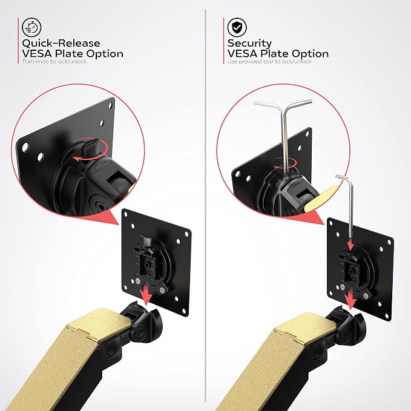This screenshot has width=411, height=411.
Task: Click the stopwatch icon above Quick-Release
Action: tap(31, 27)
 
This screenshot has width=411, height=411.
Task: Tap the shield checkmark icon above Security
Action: tap(237, 27)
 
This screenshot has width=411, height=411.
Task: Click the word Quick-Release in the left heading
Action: tap(61, 43)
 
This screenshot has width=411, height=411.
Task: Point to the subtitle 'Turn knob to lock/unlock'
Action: tap(54, 61)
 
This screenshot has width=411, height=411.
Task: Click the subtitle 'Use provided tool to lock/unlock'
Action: tap(269, 61)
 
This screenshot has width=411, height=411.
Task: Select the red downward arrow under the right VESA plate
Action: tap(350, 297)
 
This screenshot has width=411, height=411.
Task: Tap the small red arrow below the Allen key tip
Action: tap(350, 246)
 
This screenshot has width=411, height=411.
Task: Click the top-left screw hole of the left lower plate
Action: tap(133, 226)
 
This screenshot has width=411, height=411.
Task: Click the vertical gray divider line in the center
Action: tap(206, 209)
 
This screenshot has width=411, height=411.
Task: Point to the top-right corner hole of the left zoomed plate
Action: tap(111, 106)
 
